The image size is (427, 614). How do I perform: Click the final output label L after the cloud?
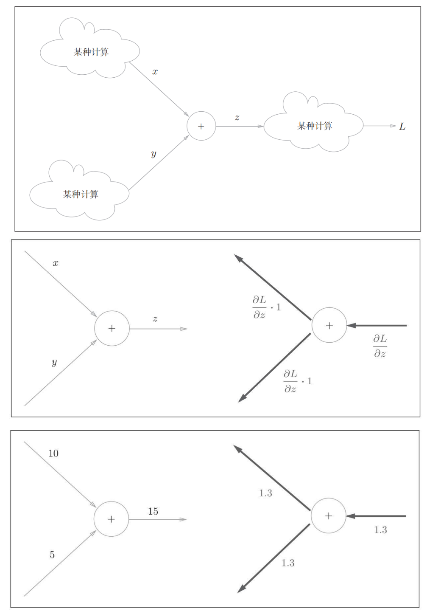402,127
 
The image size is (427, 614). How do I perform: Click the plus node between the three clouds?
201,126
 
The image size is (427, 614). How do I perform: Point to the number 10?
53,453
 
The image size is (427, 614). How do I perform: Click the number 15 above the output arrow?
153,511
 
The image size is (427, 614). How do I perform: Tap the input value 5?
52,555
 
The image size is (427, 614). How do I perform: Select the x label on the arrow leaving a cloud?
155,72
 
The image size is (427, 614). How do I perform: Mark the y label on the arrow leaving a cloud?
153,154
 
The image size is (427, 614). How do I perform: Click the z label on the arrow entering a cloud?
237,118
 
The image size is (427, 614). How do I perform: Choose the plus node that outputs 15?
111,519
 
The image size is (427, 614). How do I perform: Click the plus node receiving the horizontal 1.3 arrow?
328,516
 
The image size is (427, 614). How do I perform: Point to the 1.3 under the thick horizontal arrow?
380,530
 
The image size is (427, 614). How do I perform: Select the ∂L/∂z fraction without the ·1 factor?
380,346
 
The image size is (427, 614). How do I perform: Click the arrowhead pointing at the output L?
394,126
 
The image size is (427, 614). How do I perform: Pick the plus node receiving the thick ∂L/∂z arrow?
329,326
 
